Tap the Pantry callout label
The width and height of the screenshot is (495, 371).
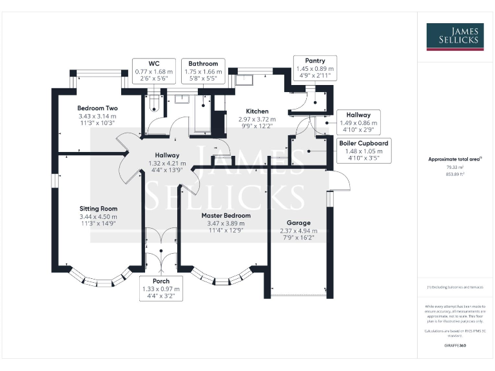coord(315,68)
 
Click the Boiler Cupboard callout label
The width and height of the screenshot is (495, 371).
coord(363,151)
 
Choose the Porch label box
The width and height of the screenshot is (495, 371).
coord(161,289)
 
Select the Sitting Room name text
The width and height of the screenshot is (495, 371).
coord(99,209)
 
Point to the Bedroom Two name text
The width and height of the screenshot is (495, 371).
coord(97,108)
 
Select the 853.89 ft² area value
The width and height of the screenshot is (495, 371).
coord(446,174)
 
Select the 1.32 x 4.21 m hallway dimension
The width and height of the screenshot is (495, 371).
coord(166,164)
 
